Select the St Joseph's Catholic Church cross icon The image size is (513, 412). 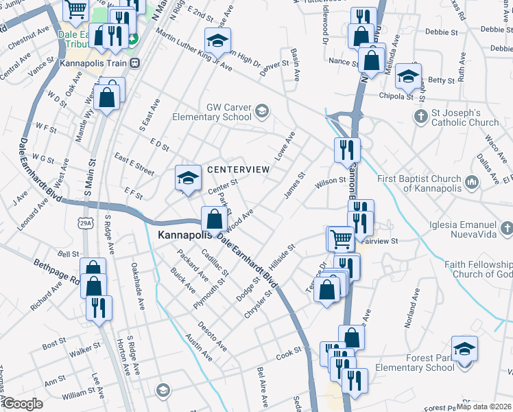point(421,116)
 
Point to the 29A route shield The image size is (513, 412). point(86,223)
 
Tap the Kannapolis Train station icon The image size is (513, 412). point(135,62)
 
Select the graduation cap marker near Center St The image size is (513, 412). point(188,178)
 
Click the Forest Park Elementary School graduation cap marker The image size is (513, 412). point(464,347)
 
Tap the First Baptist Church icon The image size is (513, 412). point(471,182)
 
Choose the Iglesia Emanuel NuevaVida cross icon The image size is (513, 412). point(506,227)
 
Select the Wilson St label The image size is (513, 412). point(329,181)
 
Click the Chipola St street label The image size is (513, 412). point(396,97)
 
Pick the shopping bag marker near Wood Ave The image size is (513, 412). point(214,220)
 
